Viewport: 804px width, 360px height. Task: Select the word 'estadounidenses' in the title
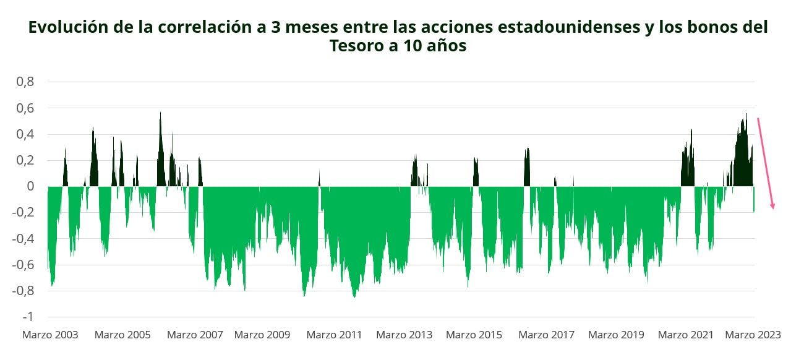click(547, 27)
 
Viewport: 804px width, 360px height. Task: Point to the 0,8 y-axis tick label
click(25, 82)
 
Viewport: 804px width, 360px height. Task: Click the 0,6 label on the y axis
click(25, 108)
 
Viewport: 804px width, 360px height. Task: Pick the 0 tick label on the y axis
click(30, 186)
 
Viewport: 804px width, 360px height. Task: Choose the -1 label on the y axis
click(28, 317)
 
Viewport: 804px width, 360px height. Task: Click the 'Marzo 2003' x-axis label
click(50, 335)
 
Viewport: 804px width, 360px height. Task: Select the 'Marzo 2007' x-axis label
click(195, 335)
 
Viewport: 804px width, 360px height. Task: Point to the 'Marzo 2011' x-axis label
click(334, 335)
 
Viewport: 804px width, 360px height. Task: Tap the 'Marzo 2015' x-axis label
click(474, 335)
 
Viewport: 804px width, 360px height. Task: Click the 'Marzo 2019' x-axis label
click(616, 335)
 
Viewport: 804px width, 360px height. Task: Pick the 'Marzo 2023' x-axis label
click(753, 335)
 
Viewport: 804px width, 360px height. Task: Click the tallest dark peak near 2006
click(160, 113)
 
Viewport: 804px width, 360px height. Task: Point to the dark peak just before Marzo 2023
click(746, 115)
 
